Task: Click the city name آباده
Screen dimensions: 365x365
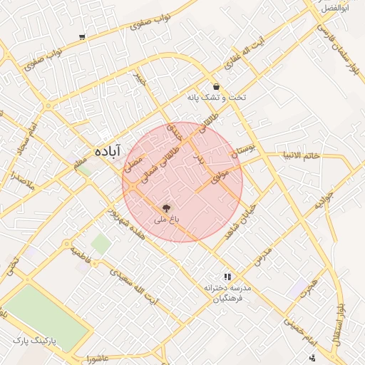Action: [108, 150]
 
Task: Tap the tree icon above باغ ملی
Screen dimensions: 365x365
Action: [166, 208]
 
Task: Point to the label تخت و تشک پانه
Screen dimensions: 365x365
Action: [216, 97]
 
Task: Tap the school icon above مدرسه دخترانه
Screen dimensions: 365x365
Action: [227, 277]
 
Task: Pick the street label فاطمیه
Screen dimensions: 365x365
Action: [81, 256]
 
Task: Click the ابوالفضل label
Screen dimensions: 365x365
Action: [334, 8]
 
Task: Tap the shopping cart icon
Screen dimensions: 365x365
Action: [83, 36]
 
